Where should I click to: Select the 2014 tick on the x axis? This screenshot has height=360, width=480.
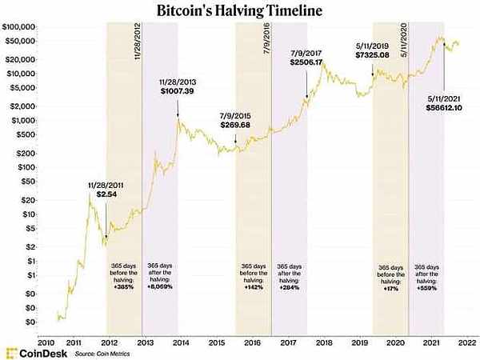180,341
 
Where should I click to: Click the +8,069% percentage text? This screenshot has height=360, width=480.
161,286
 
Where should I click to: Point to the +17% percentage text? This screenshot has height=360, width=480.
390,286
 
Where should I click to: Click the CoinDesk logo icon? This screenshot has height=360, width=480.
11,352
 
